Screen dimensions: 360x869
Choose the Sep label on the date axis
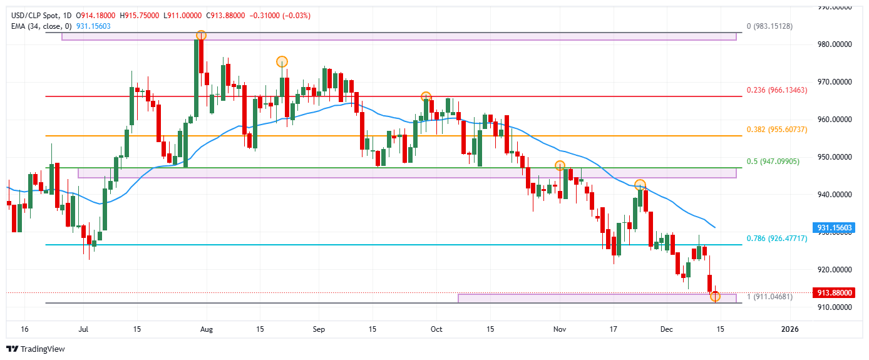tap(319, 329)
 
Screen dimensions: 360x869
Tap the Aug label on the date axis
tap(208, 329)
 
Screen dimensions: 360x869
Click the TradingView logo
tap(36, 349)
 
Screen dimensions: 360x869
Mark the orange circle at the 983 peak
tap(201, 35)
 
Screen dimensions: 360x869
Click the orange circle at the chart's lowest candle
tap(716, 296)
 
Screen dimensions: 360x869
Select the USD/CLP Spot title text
tap(30, 15)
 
